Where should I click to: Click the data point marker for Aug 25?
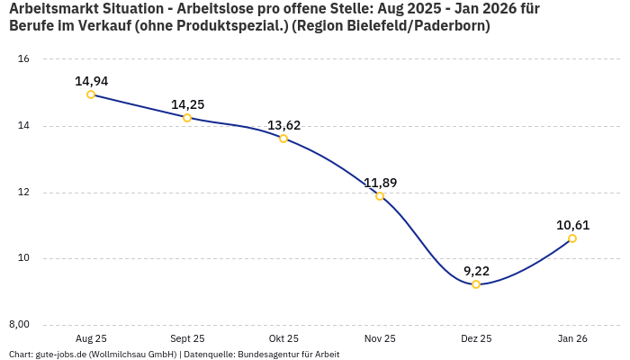(91, 94)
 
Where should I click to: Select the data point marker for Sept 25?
(187, 118)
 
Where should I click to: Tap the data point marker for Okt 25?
(283, 139)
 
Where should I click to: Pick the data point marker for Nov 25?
(380, 196)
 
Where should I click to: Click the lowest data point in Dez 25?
(476, 284)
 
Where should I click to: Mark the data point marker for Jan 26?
(572, 238)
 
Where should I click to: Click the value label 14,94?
(91, 81)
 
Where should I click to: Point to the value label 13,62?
(283, 125)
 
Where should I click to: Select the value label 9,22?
(476, 271)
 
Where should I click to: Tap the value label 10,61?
(572, 225)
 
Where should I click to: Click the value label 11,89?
(380, 183)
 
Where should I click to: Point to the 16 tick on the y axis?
(24, 59)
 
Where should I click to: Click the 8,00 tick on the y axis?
(20, 325)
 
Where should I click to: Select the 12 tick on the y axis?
(24, 193)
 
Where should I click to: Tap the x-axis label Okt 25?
(283, 338)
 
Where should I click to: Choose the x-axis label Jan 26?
(572, 338)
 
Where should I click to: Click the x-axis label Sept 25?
(187, 338)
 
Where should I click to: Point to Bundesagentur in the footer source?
(265, 355)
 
